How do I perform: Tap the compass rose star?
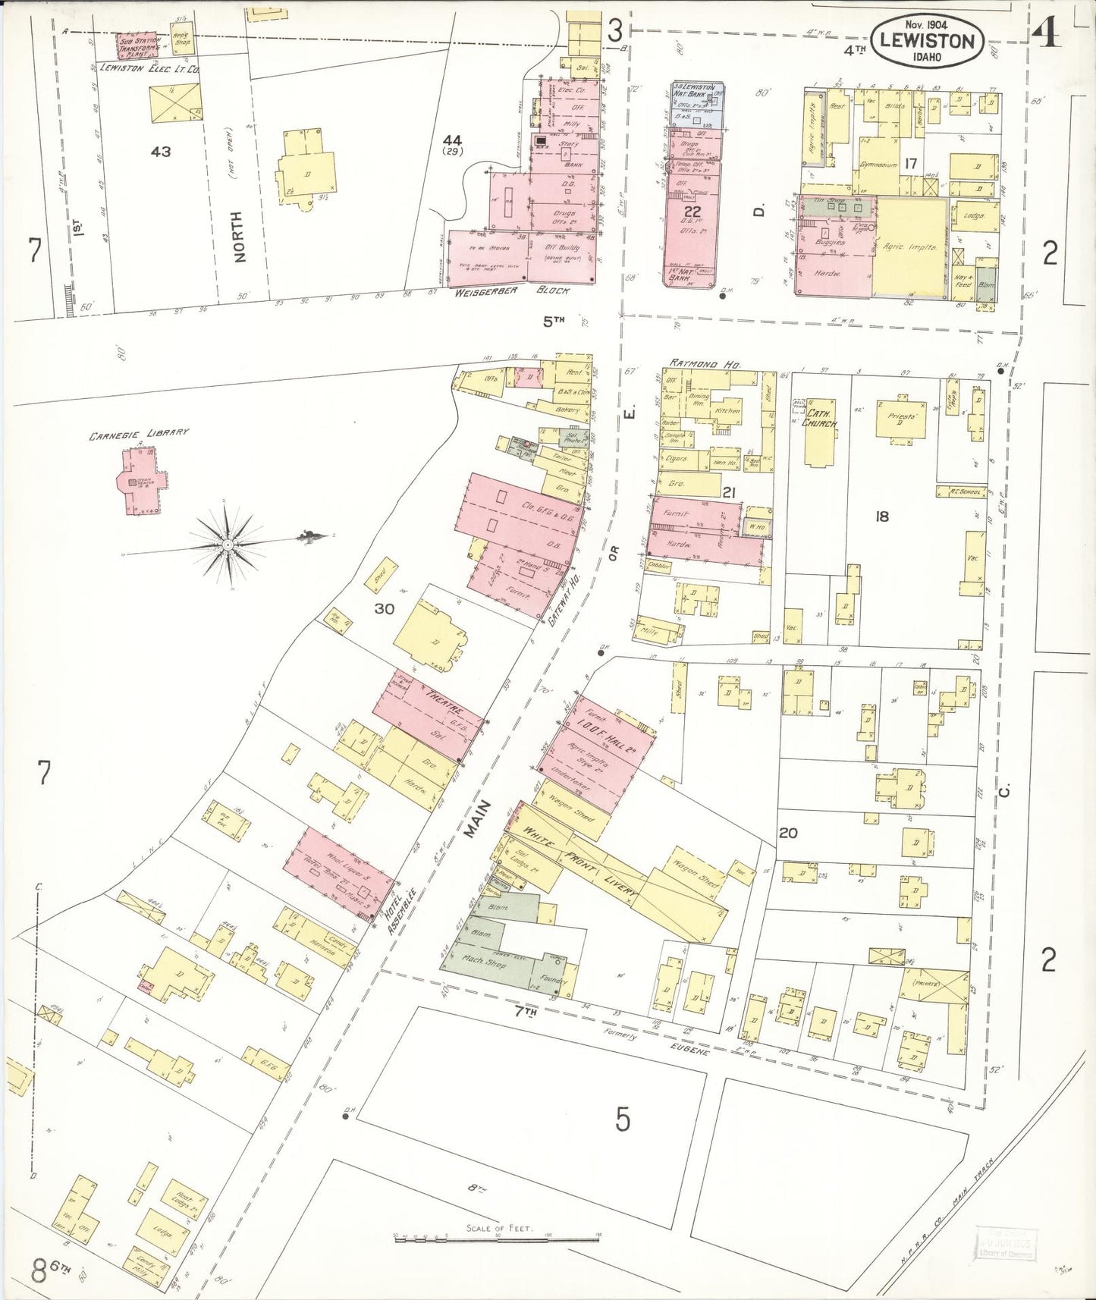pyautogui.click(x=227, y=543)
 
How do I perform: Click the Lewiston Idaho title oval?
pyautogui.click(x=928, y=41)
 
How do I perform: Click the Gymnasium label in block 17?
pyautogui.click(x=878, y=165)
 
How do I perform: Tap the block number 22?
pyautogui.click(x=691, y=211)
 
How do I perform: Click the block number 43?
pyautogui.click(x=161, y=151)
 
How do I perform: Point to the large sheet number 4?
pyautogui.click(x=1047, y=33)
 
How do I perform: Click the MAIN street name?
pyautogui.click(x=473, y=819)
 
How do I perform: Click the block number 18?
pyautogui.click(x=881, y=517)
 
